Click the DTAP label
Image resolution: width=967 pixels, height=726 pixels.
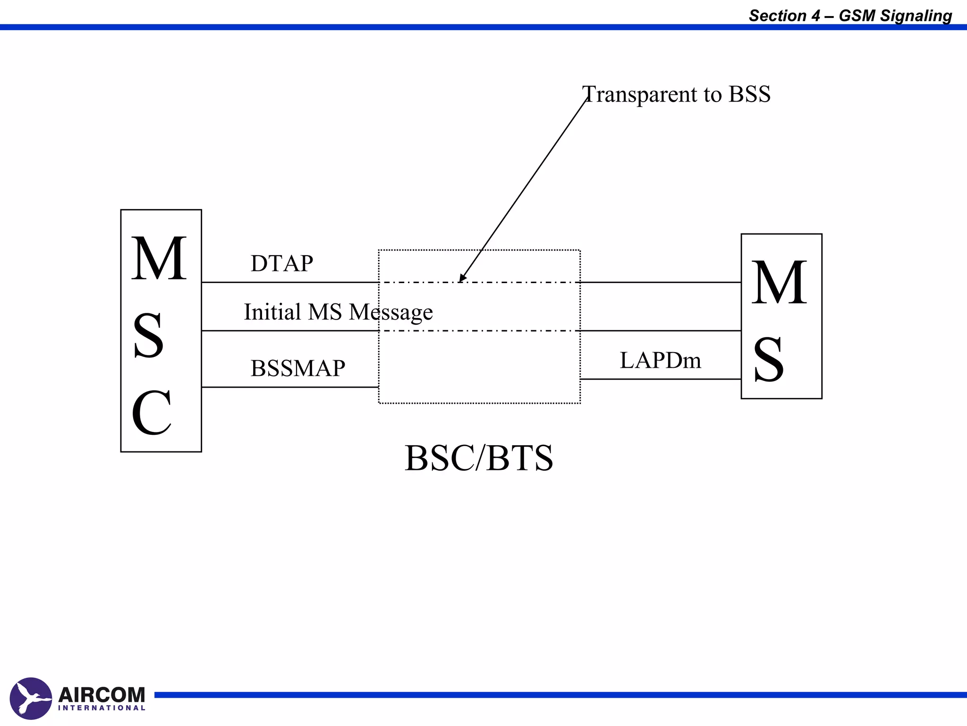pyautogui.click(x=281, y=263)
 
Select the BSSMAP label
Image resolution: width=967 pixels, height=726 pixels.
pyautogui.click(x=297, y=368)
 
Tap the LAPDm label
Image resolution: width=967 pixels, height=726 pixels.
pyautogui.click(x=660, y=361)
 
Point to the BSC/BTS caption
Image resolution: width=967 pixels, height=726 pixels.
pyautogui.click(x=478, y=458)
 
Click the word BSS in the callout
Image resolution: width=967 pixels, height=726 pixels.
pyautogui.click(x=749, y=94)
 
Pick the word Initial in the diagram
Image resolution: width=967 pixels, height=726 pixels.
pyautogui.click(x=272, y=312)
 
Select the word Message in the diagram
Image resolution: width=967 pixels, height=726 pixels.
pyautogui.click(x=390, y=312)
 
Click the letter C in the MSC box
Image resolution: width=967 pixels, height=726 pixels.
pyautogui.click(x=152, y=413)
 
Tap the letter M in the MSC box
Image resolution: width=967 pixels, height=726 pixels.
pyautogui.click(x=159, y=259)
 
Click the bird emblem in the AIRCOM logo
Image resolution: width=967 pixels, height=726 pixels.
pyautogui.click(x=31, y=698)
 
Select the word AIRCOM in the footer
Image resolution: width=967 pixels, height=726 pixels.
pyautogui.click(x=102, y=695)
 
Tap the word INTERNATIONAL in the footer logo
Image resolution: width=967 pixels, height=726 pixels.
pyautogui.click(x=102, y=708)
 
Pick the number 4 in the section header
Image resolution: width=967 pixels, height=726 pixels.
pyautogui.click(x=815, y=16)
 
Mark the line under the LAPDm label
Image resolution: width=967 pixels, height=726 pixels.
pyautogui.click(x=660, y=379)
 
